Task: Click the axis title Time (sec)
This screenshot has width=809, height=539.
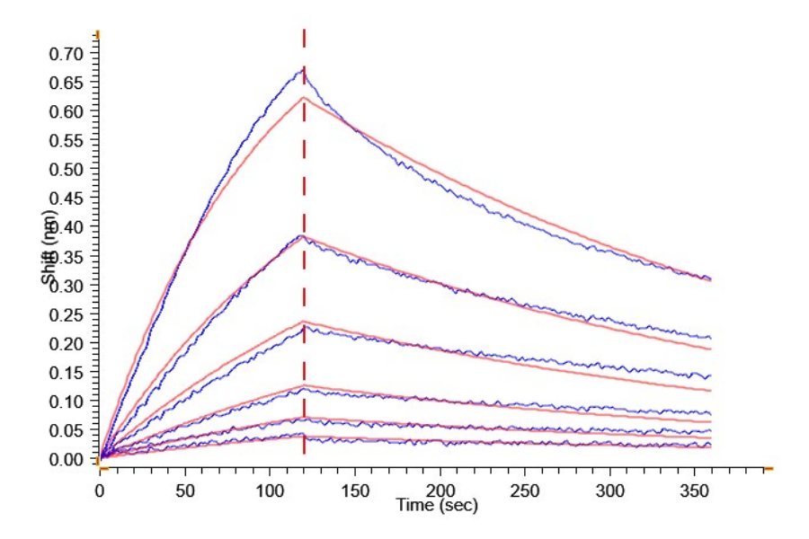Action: [x=437, y=506]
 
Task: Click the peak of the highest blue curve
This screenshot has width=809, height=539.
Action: [x=302, y=69]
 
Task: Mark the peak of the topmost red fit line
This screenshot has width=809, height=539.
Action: [x=304, y=97]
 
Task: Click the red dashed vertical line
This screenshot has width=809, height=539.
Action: [x=304, y=269]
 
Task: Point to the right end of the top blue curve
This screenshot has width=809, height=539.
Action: [x=709, y=278]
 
